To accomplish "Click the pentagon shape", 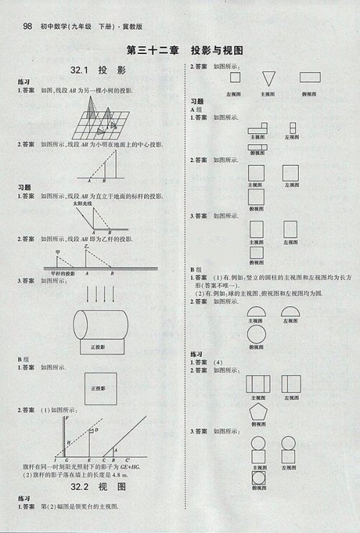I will pyautogui.click(x=256, y=413).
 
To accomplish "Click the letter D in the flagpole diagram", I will pyautogui.click(x=96, y=430).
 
